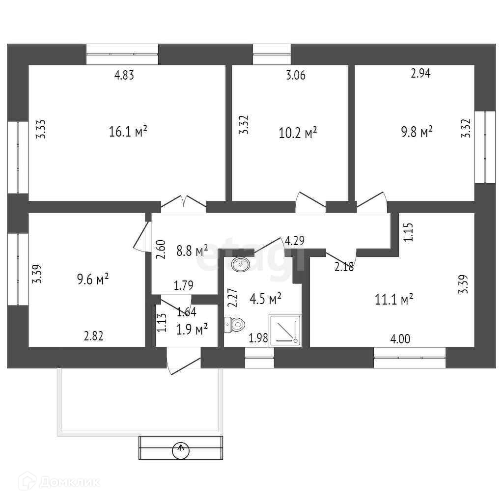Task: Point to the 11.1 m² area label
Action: [x=393, y=299]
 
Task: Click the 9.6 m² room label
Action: [x=92, y=279]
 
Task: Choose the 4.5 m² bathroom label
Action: [x=265, y=298]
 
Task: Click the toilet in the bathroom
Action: [x=235, y=325]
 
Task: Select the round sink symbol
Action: [x=241, y=264]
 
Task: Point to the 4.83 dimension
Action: [x=124, y=75]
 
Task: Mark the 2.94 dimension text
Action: [x=421, y=74]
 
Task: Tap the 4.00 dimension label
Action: [x=401, y=338]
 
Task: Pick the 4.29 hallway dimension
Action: [x=295, y=241]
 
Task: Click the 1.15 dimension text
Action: [x=408, y=232]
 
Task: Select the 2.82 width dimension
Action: [x=93, y=336]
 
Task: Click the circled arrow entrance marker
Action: [x=181, y=448]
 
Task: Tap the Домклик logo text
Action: [x=64, y=482]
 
